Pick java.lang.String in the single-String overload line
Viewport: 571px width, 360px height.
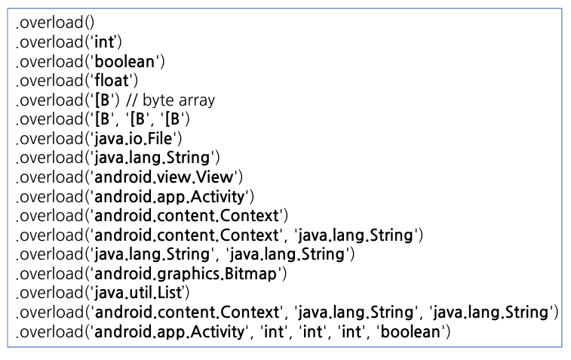[152, 158]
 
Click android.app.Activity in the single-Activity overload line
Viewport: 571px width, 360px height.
[170, 196]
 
